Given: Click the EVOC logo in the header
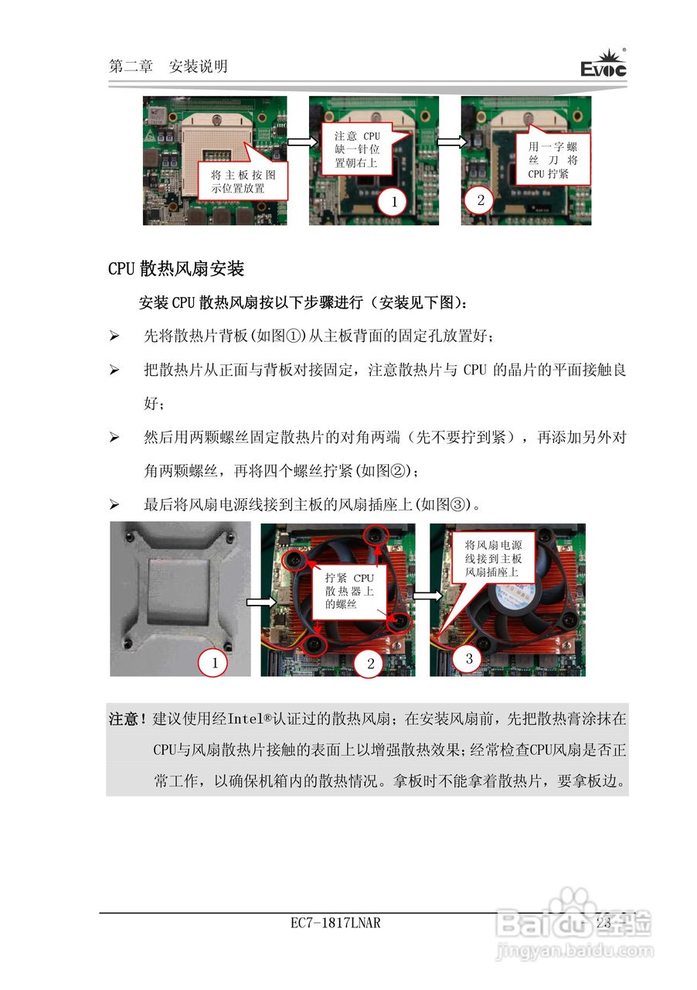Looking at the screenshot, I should tap(603, 65).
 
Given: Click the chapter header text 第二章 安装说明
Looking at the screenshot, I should tap(168, 67).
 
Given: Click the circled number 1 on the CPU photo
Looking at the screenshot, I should tap(393, 203).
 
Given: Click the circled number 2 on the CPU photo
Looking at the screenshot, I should tap(480, 200).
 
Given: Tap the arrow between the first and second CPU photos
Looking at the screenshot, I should tap(297, 142).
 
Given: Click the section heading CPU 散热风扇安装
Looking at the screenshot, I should tap(176, 269).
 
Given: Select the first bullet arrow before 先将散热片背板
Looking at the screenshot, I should tap(114, 336).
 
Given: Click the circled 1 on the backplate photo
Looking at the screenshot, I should tap(214, 662).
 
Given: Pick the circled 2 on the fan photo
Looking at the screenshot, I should tap(369, 663).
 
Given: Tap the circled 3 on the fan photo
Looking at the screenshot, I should tap(468, 659).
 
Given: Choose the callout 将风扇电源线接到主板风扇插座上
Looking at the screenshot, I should tap(493, 558).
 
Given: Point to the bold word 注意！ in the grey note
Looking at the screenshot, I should tap(127, 719).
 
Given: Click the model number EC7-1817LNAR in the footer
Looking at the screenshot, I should tap(336, 923).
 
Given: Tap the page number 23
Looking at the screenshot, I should tap(603, 923).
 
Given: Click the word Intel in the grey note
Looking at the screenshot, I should tap(246, 719).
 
